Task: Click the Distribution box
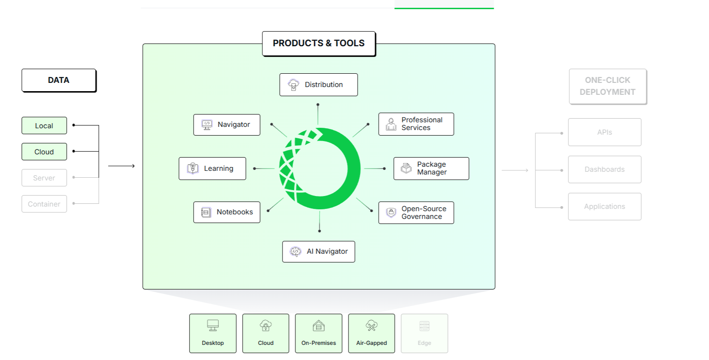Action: coord(318,85)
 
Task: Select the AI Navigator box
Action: coord(318,252)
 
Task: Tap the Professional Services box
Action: coord(416,124)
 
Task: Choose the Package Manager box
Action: coord(431,169)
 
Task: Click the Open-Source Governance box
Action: coord(416,213)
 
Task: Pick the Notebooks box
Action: coord(227,212)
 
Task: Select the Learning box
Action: coord(213,169)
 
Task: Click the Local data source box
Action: coord(44,125)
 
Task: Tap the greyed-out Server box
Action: coord(44,178)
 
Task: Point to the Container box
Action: coord(44,204)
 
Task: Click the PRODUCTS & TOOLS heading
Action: coord(319,44)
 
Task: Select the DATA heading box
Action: coord(59,81)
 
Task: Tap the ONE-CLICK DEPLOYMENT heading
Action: coord(608,86)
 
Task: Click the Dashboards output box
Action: coord(605,169)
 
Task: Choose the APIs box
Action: coord(605,132)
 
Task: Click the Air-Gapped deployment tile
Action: coord(371,333)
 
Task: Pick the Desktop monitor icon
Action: coord(213,326)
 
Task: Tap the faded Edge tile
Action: coord(425,333)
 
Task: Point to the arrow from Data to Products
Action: coord(121,166)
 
